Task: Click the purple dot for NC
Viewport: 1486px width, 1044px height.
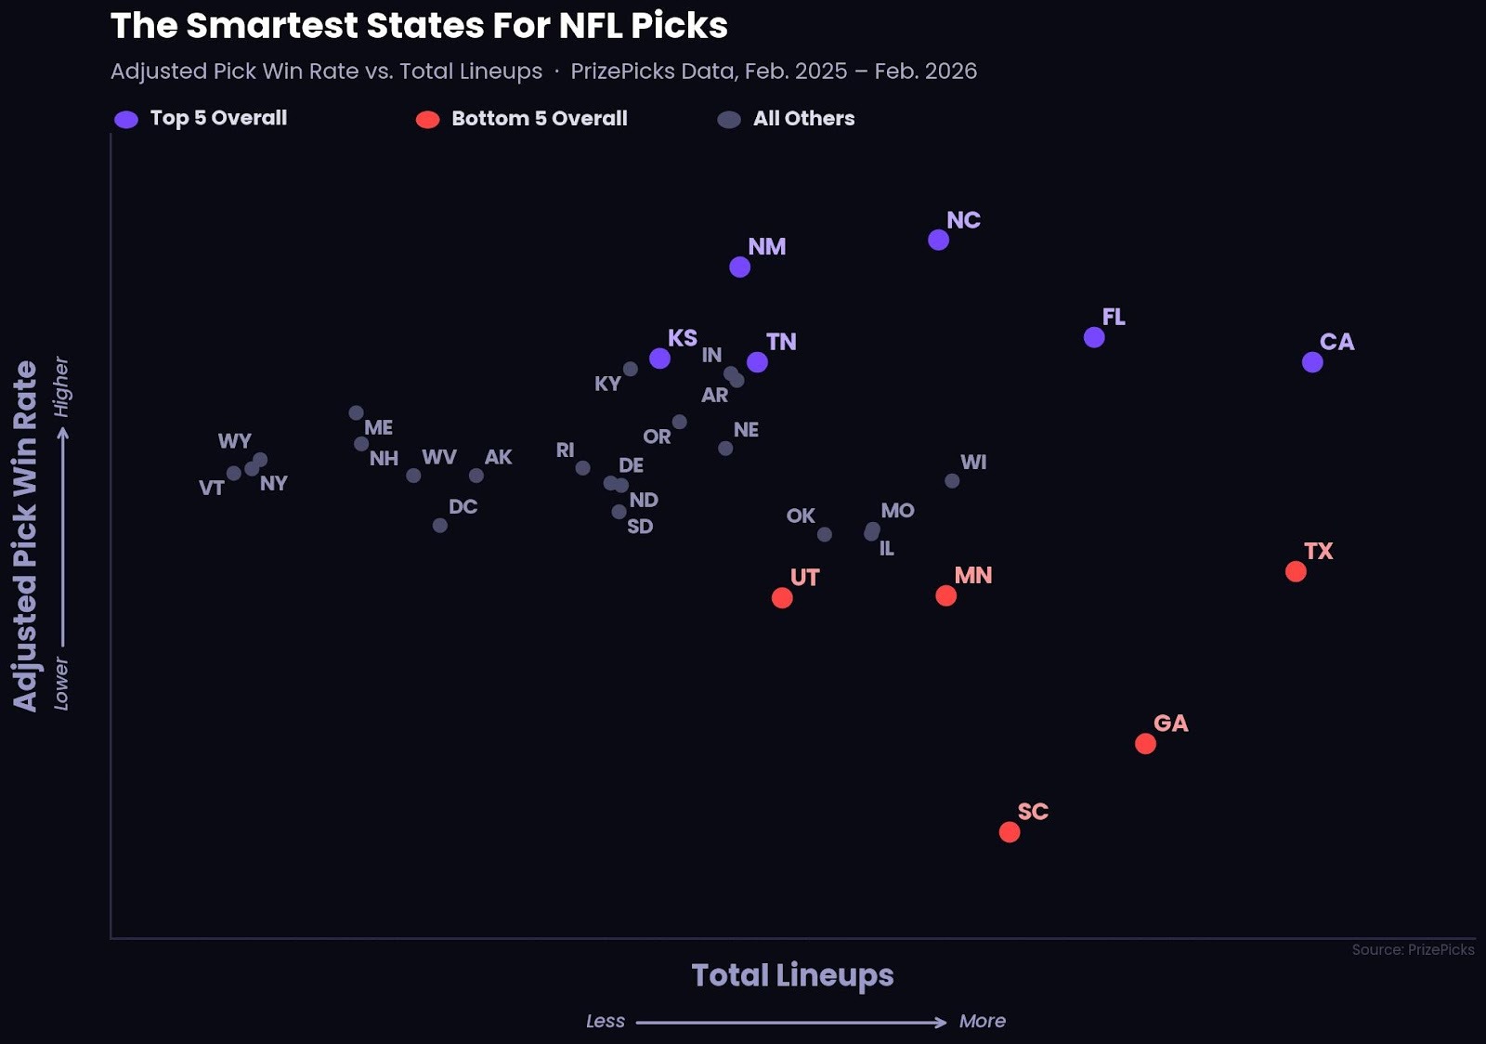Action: point(938,240)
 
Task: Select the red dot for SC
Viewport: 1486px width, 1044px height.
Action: point(1010,832)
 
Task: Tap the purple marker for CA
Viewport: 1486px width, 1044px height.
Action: point(1312,362)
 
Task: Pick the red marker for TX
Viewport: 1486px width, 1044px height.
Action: point(1296,572)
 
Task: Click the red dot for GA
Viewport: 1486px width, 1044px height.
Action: point(1145,744)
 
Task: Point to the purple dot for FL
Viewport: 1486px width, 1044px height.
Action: point(1094,337)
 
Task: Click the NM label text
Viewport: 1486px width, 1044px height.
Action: point(767,247)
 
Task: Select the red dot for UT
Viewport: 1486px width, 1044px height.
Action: point(782,598)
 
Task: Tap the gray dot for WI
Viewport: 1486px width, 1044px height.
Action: point(952,481)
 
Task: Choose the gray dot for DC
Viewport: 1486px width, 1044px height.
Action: point(440,526)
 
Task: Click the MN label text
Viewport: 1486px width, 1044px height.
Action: point(973,576)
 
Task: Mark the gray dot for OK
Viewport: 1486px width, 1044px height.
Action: point(825,535)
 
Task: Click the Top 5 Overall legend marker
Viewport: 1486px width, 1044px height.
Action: point(126,119)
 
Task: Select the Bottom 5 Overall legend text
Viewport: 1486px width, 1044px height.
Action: point(539,119)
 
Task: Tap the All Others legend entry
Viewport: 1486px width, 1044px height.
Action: point(803,119)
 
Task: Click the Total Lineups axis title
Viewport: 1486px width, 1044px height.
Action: point(792,975)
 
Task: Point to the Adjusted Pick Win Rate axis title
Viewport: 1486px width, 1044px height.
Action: point(25,536)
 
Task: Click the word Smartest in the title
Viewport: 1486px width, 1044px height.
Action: point(271,26)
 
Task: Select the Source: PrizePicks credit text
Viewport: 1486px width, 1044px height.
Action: point(1413,949)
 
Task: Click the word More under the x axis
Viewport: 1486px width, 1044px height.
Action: point(982,1021)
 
